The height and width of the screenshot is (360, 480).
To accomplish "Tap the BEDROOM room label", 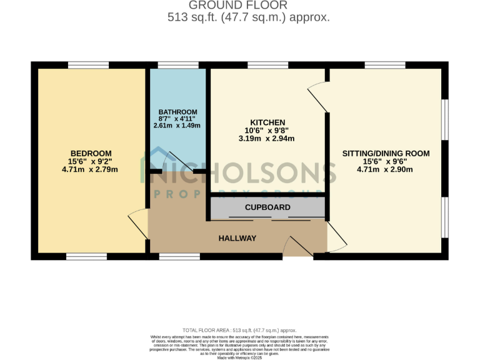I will [x=91, y=154].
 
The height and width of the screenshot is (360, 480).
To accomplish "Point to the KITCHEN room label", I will [x=267, y=122].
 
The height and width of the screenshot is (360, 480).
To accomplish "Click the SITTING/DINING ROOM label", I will [x=386, y=153].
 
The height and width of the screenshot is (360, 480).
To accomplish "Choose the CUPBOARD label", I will [x=267, y=207].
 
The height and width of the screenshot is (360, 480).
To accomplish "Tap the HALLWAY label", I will [x=237, y=238].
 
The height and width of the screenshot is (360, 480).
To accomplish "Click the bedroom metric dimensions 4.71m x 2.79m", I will [x=91, y=169].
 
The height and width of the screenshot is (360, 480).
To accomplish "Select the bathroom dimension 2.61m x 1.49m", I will [x=177, y=126].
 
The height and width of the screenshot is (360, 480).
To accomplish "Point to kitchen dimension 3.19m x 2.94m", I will [x=267, y=139].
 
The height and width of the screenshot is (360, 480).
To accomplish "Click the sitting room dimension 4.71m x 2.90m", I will [x=386, y=169].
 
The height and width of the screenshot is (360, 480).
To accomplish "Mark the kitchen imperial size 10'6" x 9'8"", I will [x=267, y=131].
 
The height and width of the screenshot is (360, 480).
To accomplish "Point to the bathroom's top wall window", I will [x=169, y=65].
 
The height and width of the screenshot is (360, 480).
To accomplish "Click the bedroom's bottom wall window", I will [x=86, y=256].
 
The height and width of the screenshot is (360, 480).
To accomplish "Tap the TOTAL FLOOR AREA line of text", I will [x=240, y=330].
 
